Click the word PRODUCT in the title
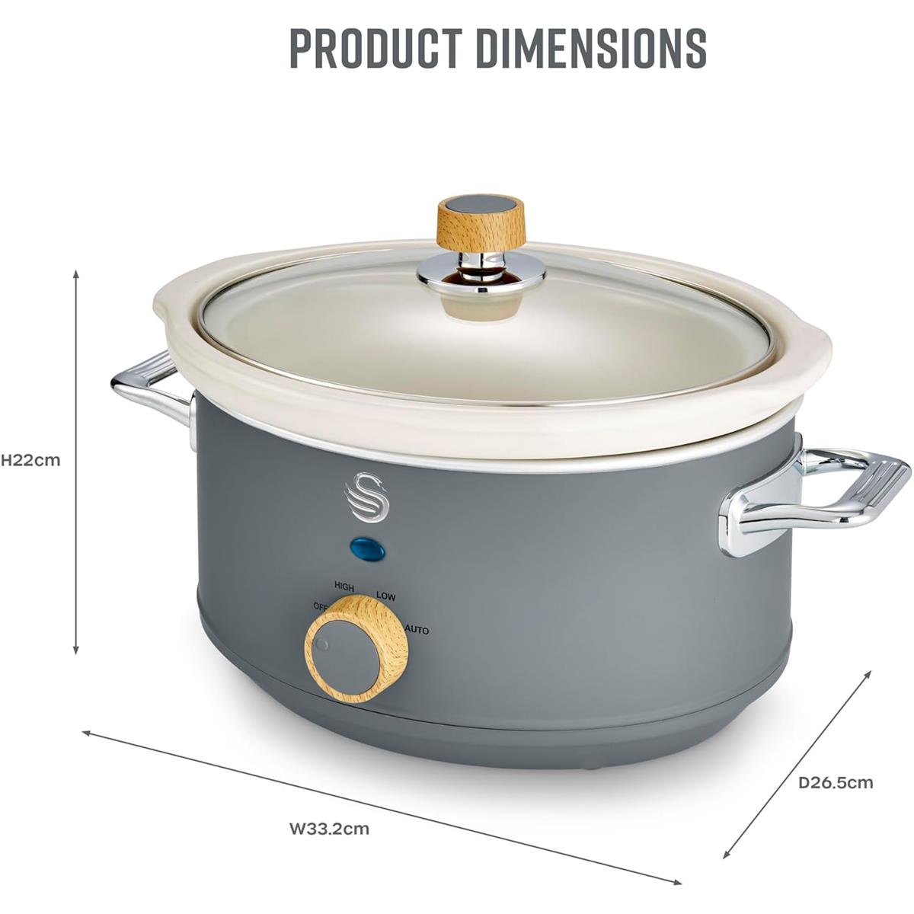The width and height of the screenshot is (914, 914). pyautogui.click(x=376, y=49)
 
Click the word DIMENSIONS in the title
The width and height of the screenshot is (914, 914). pyautogui.click(x=591, y=49)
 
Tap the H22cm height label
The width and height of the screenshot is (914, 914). pyautogui.click(x=30, y=461)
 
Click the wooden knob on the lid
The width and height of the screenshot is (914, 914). pyautogui.click(x=481, y=223)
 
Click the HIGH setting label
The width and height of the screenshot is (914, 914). pyautogui.click(x=344, y=586)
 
